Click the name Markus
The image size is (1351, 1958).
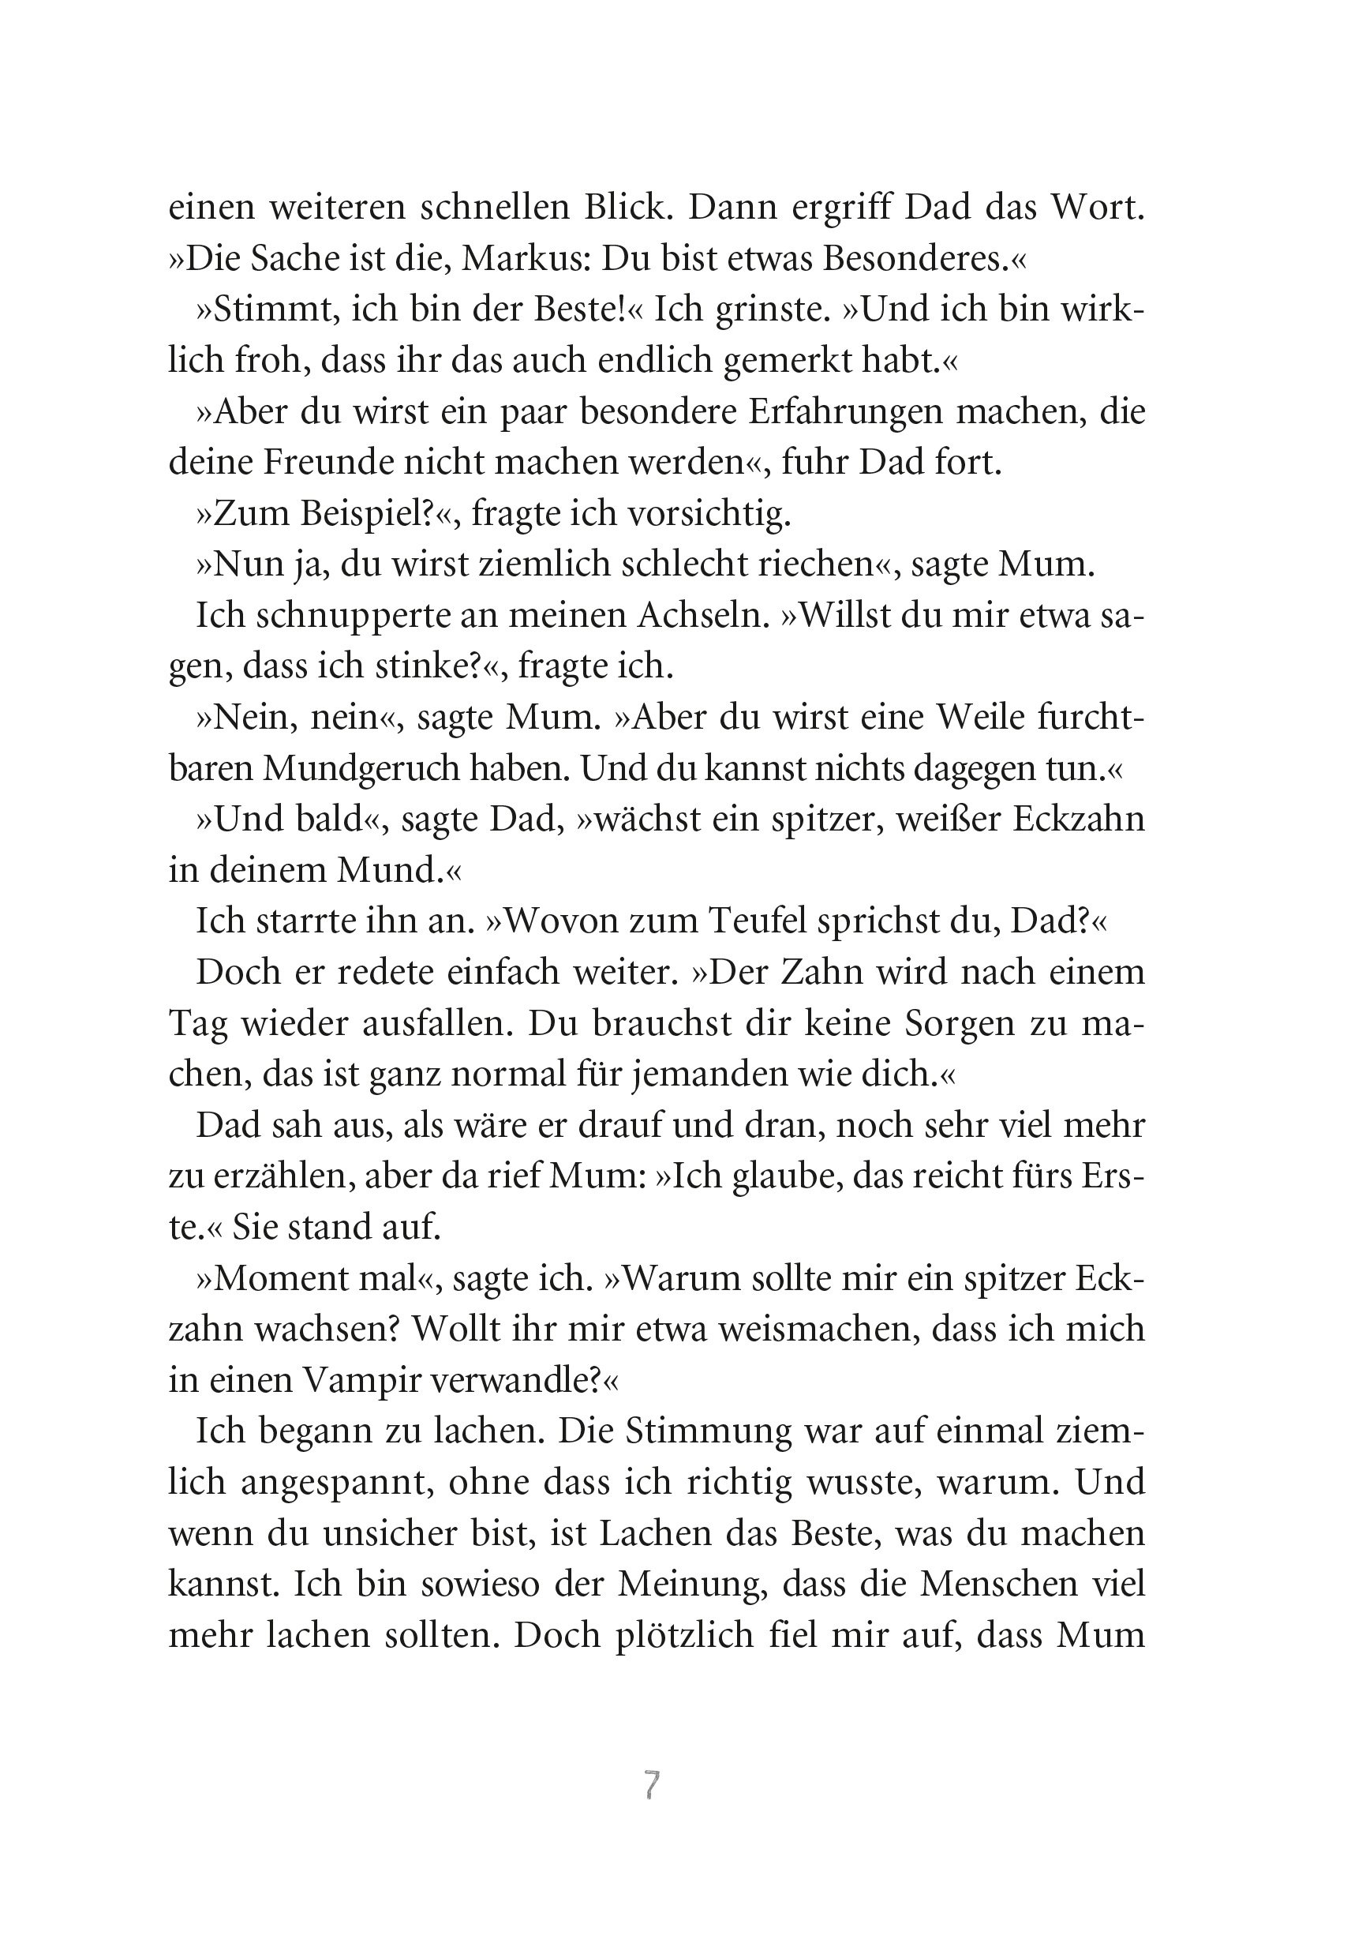coord(525,259)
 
